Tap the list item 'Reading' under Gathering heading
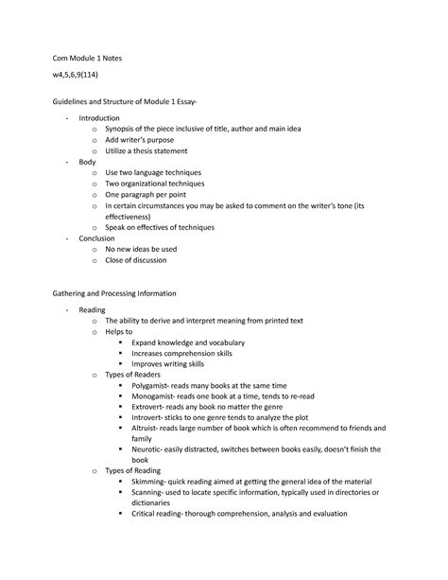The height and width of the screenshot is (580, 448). pos(93,309)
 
